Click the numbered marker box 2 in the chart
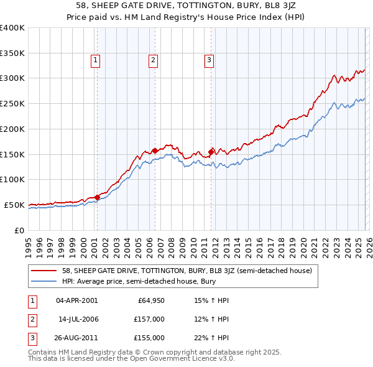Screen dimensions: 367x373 point(153,60)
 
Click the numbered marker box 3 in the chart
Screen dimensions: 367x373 point(210,60)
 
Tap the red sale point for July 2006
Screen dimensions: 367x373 point(155,150)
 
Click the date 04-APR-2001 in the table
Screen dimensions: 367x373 point(76,300)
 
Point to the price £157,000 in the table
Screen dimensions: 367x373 point(150,319)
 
